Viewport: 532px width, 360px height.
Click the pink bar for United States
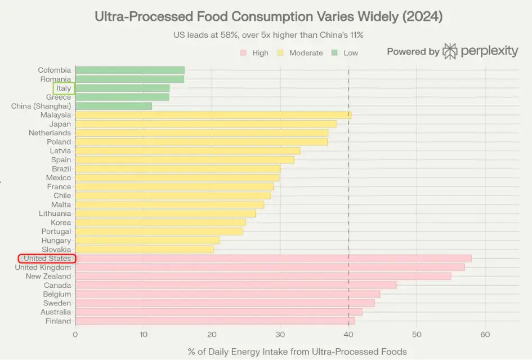pyautogui.click(x=273, y=259)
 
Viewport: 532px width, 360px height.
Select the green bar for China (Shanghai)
pyautogui.click(x=113, y=106)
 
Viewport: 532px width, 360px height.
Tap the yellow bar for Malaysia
pyautogui.click(x=213, y=115)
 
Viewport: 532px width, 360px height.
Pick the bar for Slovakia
pyautogui.click(x=144, y=250)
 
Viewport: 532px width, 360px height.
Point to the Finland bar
pyautogui.click(x=214, y=321)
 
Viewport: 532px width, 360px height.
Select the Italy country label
pyautogui.click(x=64, y=88)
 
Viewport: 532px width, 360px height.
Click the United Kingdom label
pyautogui.click(x=43, y=268)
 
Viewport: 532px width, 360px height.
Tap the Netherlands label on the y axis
pyautogui.click(x=50, y=133)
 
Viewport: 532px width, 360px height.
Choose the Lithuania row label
pyautogui.click(x=55, y=214)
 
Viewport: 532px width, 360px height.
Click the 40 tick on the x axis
pyautogui.click(x=348, y=334)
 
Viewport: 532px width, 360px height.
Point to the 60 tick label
pyautogui.click(x=485, y=334)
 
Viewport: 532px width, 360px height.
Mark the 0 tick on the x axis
pyautogui.click(x=75, y=334)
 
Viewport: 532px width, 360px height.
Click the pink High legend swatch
pyautogui.click(x=243, y=53)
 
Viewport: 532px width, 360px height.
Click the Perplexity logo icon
pyautogui.click(x=450, y=51)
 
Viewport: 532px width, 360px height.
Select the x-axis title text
pyautogui.click(x=297, y=352)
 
